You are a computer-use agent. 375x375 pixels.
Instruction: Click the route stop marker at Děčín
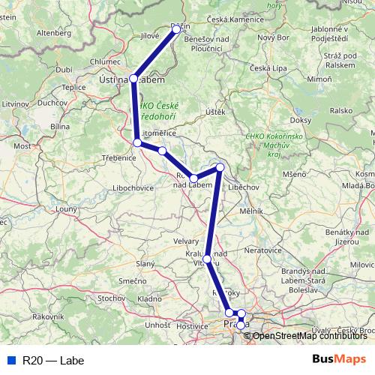177,28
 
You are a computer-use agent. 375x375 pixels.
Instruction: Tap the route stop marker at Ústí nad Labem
133,78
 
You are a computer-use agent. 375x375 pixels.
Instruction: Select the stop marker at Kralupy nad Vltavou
207,259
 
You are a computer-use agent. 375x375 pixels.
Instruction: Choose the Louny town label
66,208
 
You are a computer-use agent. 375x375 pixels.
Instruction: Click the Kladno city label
149,299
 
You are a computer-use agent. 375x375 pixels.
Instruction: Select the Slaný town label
145,264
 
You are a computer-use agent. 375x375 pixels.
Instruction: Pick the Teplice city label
73,87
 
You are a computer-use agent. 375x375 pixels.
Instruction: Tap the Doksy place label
299,120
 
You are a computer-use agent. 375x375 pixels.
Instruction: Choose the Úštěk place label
215,112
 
